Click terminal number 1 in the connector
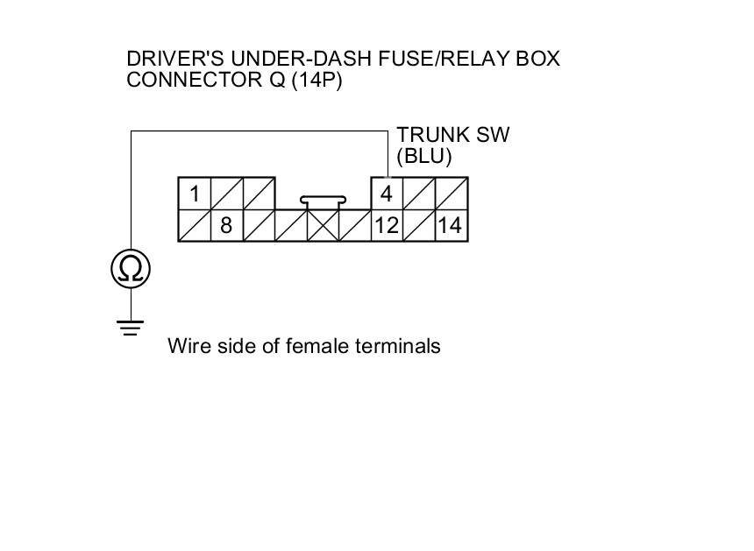(x=195, y=194)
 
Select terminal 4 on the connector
(x=386, y=194)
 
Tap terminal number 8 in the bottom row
(x=226, y=226)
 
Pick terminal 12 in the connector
(x=386, y=226)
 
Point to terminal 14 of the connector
(x=450, y=226)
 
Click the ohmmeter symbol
(x=131, y=268)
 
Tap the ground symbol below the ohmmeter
(x=131, y=328)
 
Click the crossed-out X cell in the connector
(x=323, y=226)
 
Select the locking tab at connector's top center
(x=323, y=201)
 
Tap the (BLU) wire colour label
(x=423, y=158)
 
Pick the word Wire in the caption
(x=186, y=346)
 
